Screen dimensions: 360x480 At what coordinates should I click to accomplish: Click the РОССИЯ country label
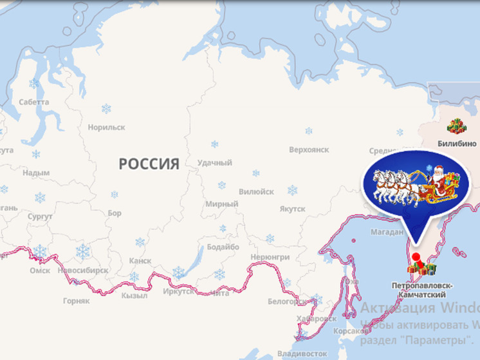[149, 164]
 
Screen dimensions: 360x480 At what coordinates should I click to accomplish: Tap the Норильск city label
[106, 127]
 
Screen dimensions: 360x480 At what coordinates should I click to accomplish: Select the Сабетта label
[33, 102]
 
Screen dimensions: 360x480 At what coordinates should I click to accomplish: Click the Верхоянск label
[309, 149]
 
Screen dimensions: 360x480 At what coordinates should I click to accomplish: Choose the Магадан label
[386, 232]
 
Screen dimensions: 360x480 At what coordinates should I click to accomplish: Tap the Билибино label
[457, 143]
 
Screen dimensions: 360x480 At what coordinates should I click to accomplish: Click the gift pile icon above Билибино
[457, 126]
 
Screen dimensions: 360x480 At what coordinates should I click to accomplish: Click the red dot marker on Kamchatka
[416, 258]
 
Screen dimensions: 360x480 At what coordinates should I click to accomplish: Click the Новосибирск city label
[82, 270]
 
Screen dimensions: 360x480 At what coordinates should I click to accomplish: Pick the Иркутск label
[178, 291]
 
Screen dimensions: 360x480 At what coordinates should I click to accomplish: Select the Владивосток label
[299, 354]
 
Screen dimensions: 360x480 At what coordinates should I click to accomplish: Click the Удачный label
[215, 163]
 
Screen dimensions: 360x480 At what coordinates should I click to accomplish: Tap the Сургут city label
[40, 217]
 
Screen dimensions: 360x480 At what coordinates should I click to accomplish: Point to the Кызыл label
[134, 296]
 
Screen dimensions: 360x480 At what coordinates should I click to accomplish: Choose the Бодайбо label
[223, 247]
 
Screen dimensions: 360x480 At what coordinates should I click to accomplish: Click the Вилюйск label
[256, 192]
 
